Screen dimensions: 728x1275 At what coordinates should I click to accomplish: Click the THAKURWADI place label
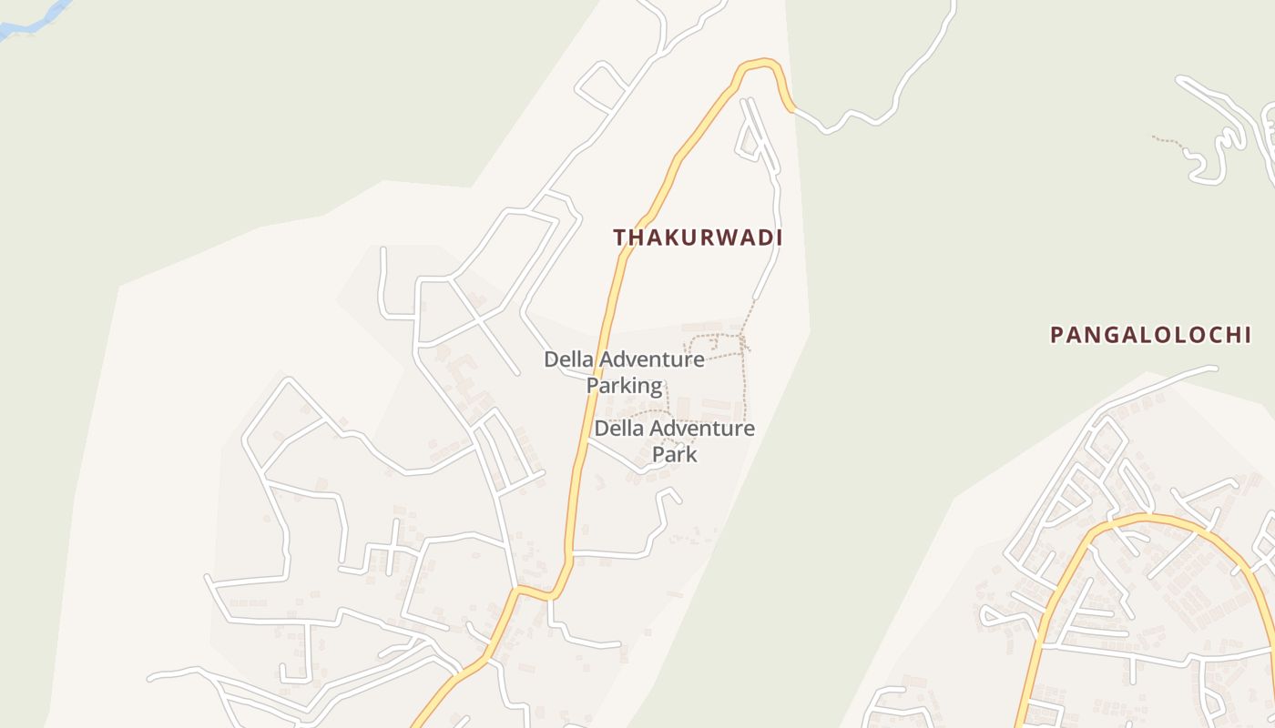click(x=698, y=238)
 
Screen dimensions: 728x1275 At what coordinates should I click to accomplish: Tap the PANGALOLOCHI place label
click(x=1150, y=335)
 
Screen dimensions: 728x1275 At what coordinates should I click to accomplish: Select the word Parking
click(x=624, y=385)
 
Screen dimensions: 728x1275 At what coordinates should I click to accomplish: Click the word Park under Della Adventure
click(x=675, y=453)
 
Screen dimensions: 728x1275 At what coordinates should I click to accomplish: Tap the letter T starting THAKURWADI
click(x=619, y=238)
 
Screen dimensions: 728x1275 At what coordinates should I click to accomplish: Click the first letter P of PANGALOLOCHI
click(x=1056, y=335)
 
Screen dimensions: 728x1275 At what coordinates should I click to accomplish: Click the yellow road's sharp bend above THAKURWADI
click(x=760, y=63)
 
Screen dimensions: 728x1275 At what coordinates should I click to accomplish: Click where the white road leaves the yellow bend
click(x=793, y=109)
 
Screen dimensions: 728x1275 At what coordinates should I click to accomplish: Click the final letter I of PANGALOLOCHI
click(x=1247, y=335)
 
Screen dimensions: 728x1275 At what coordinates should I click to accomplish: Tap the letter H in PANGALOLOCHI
click(x=1230, y=335)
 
